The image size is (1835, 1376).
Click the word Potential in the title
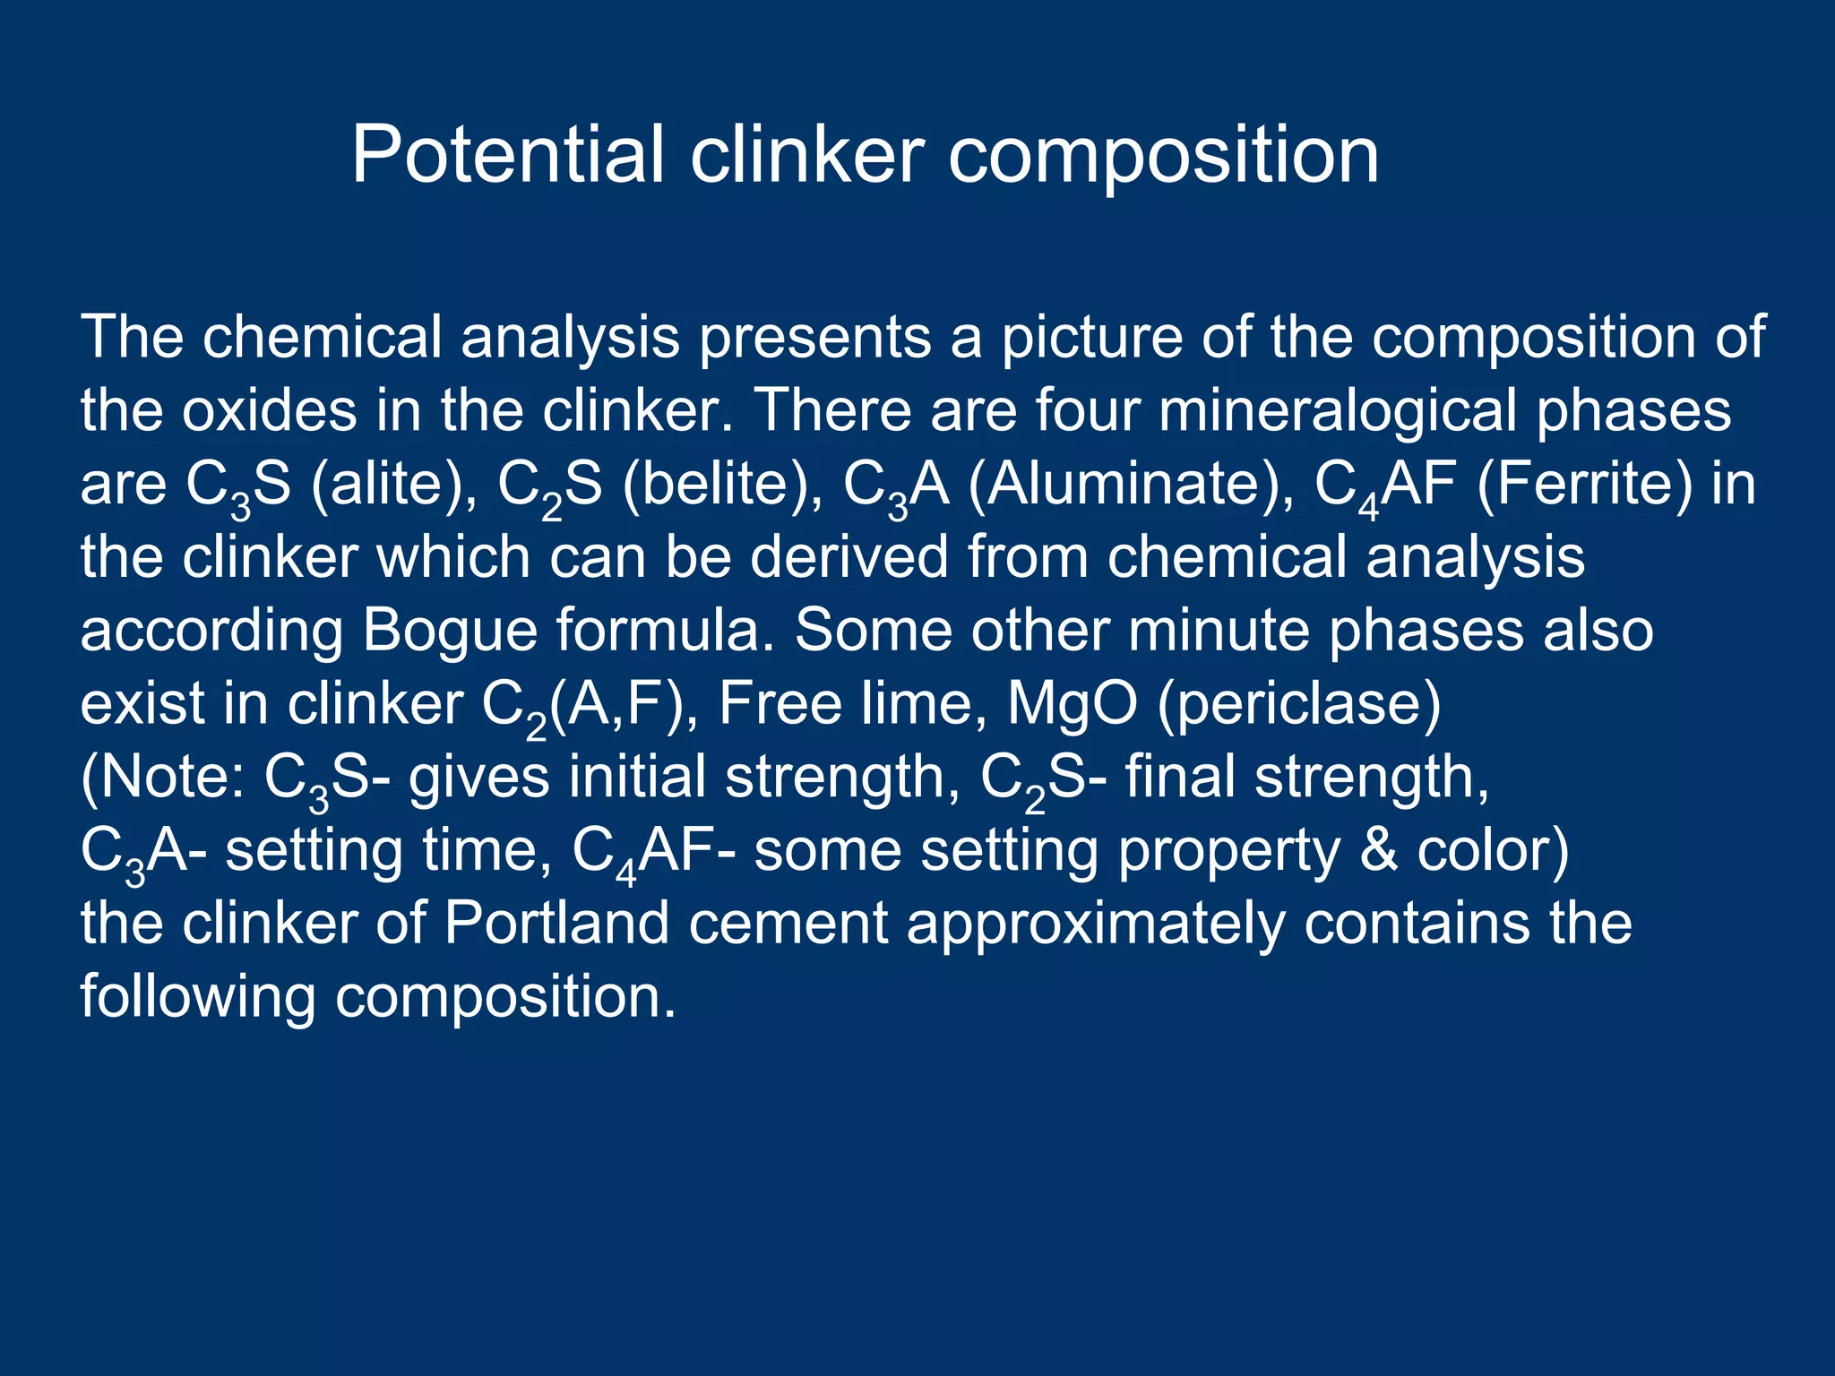point(507,155)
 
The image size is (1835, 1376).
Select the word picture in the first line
point(1090,339)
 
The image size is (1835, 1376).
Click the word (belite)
point(722,486)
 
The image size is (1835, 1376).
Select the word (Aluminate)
point(1131,486)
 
